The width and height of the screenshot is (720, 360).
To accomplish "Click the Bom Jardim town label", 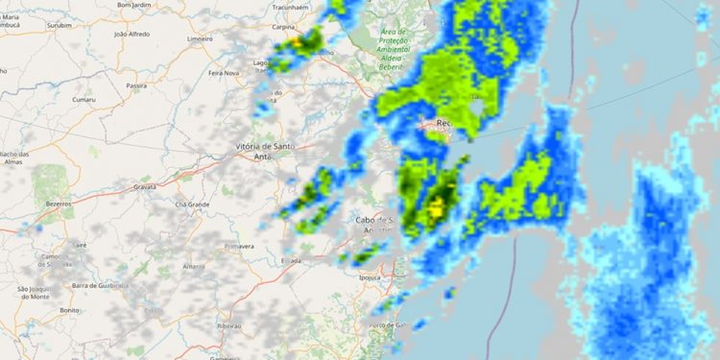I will click(134, 5).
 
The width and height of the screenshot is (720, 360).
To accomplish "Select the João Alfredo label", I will click(132, 34).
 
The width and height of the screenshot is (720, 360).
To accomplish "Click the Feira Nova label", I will click(224, 72).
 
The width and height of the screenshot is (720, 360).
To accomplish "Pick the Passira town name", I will click(135, 84).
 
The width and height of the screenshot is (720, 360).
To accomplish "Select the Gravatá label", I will click(145, 186).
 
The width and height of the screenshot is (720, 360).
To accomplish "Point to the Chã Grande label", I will click(192, 204).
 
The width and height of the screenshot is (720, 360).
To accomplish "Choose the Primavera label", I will click(238, 246).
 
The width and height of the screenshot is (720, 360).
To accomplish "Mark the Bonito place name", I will click(69, 310).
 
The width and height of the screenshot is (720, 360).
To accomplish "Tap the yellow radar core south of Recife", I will click(438, 204).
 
